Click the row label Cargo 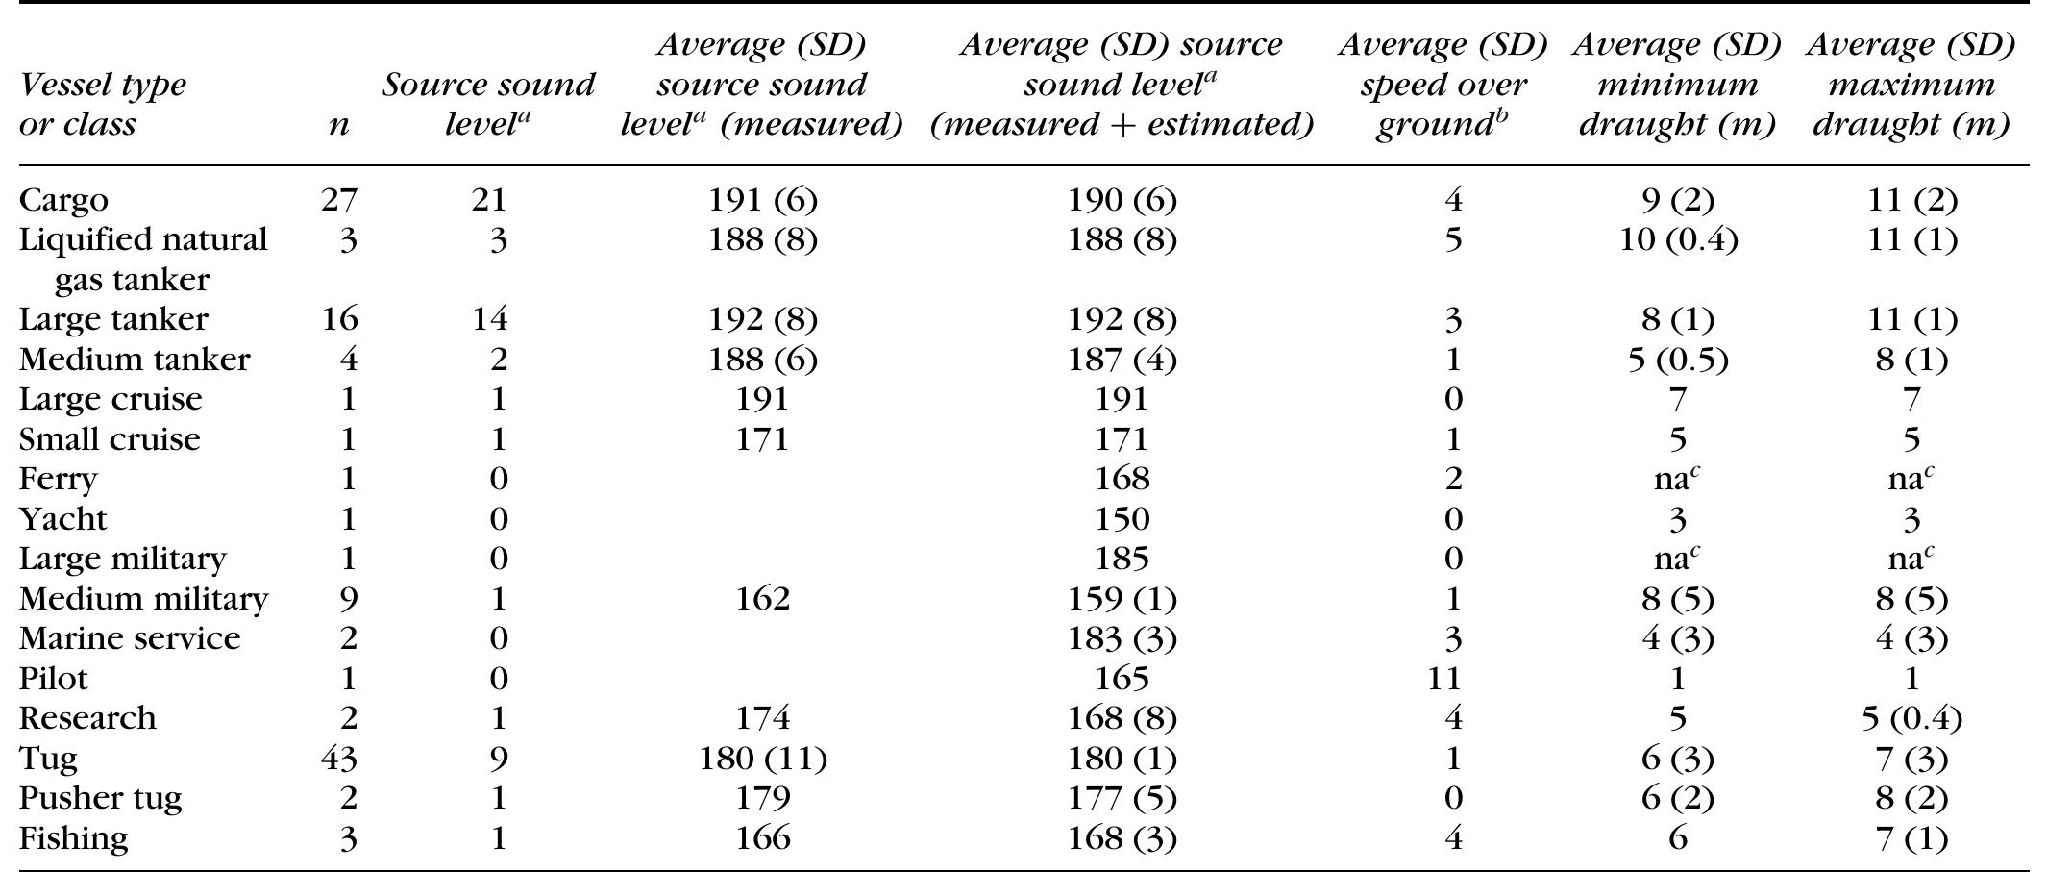[x=63, y=200]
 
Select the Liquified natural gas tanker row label [x=143, y=259]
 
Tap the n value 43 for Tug [x=338, y=759]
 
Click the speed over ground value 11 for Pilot [x=1443, y=679]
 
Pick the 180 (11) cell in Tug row [x=762, y=759]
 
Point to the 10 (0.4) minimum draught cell [x=1677, y=239]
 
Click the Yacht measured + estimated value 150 [x=1122, y=519]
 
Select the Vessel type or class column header [x=103, y=104]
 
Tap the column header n [x=338, y=124]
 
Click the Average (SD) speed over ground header [x=1443, y=85]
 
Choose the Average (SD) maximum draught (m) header [x=1911, y=85]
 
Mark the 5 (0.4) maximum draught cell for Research [x=1911, y=718]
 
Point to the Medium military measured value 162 [x=762, y=599]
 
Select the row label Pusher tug [x=100, y=798]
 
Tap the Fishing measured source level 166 [x=762, y=838]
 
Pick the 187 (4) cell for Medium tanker [x=1122, y=360]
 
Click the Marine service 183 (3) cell [x=1122, y=638]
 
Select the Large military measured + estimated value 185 [x=1122, y=559]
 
